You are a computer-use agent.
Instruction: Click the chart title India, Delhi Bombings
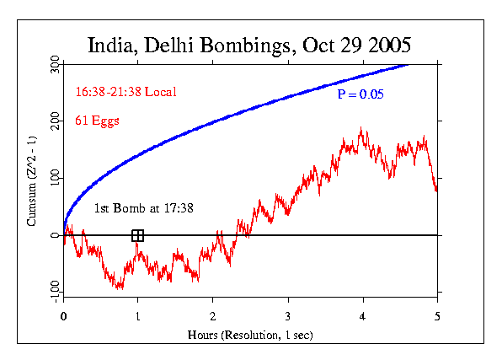coord(250,44)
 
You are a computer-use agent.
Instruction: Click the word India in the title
coord(111,44)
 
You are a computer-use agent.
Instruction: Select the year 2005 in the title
coord(387,44)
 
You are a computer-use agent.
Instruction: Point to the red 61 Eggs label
coord(97,121)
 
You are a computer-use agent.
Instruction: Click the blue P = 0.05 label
coord(360,94)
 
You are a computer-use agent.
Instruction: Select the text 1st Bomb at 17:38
coord(143,207)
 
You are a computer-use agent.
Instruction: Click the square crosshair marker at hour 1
coord(138,235)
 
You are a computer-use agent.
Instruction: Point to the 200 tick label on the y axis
coord(53,122)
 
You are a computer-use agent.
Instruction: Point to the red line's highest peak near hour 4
coord(361,128)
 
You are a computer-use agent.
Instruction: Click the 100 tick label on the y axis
coord(53,179)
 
